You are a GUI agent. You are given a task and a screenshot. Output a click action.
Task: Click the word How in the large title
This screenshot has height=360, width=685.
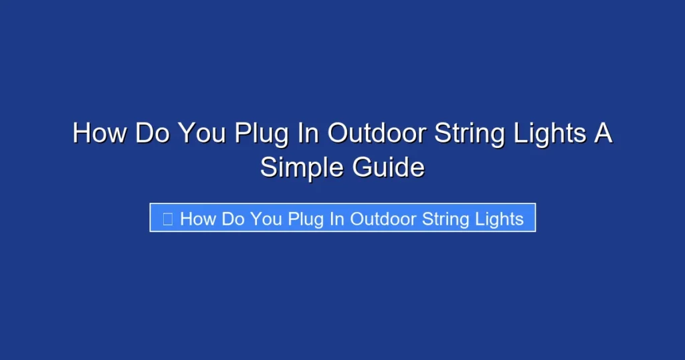(x=99, y=133)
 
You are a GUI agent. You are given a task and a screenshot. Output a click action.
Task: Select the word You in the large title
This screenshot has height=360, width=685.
(x=202, y=133)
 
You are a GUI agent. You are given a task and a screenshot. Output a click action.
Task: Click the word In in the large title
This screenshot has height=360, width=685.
(x=306, y=133)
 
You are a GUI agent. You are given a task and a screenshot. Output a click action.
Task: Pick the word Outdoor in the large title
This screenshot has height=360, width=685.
(x=377, y=133)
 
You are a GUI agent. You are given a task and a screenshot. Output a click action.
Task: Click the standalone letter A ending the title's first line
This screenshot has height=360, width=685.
(x=603, y=133)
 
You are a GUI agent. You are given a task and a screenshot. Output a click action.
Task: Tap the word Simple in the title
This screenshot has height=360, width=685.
(x=299, y=167)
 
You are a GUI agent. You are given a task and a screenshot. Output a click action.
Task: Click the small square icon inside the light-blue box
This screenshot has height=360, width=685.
(x=168, y=218)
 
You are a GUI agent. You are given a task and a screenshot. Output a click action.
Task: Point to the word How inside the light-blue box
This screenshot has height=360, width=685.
(x=198, y=218)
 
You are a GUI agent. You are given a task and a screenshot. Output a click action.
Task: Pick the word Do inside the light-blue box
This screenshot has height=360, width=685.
(x=233, y=218)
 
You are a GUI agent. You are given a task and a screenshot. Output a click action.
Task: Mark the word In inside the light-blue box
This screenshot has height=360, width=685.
(x=336, y=218)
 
